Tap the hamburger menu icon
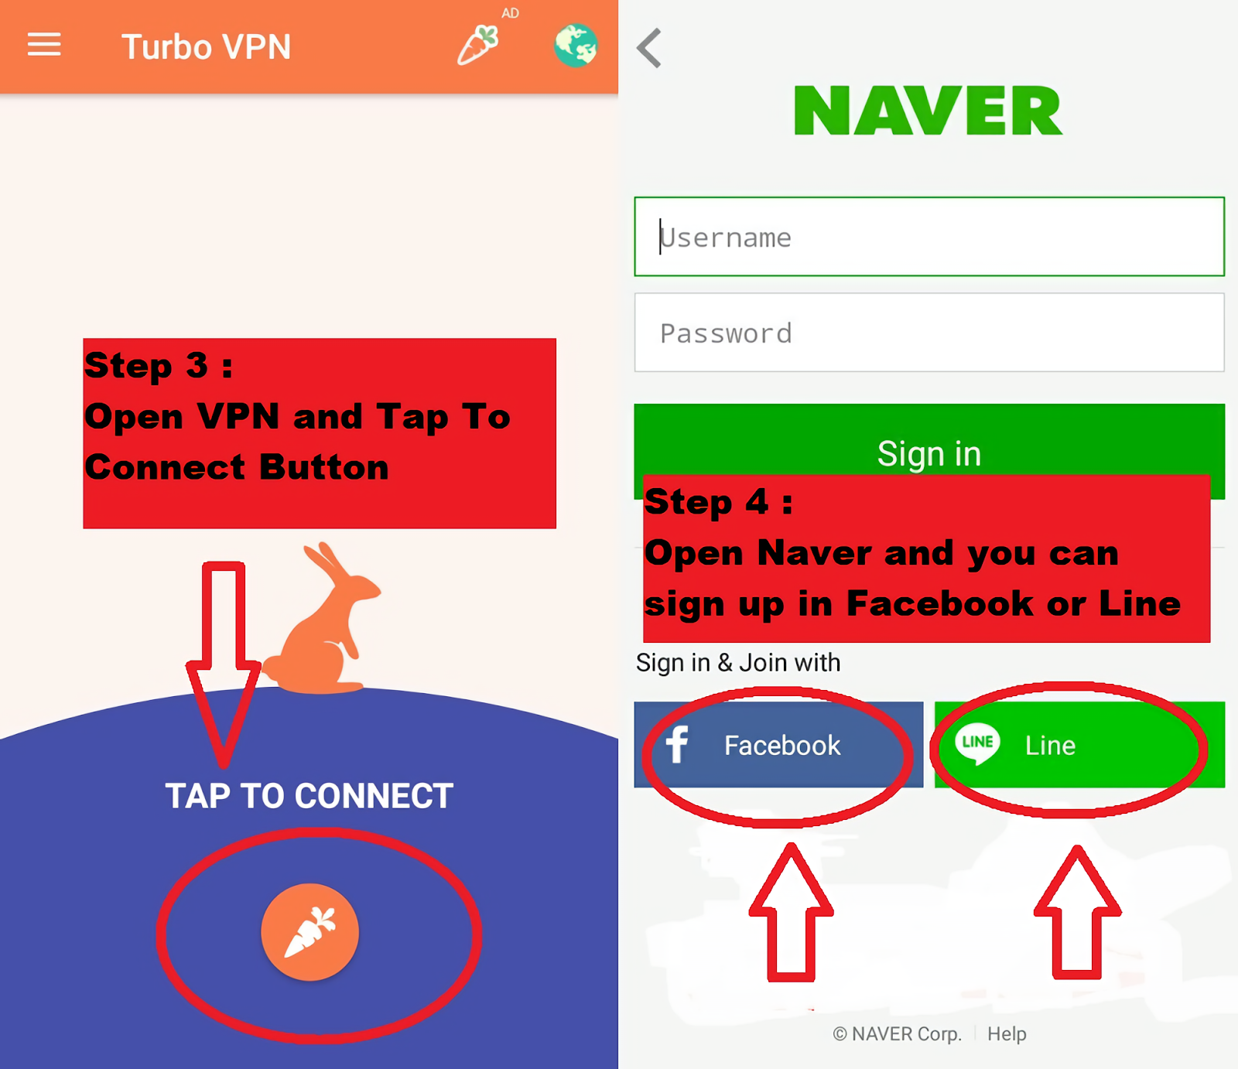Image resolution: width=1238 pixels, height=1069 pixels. (x=44, y=44)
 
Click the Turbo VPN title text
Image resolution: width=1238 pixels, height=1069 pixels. (x=206, y=47)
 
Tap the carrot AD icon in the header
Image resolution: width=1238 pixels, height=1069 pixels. (x=478, y=45)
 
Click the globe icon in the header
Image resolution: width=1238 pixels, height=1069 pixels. (x=576, y=45)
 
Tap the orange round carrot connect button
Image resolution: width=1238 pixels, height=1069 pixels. (x=309, y=932)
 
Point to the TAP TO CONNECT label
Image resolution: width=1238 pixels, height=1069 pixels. (x=309, y=796)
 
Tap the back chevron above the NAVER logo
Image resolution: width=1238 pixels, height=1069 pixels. (x=649, y=48)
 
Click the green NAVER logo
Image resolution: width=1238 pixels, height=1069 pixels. (x=929, y=111)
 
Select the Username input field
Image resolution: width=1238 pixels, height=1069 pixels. (x=929, y=237)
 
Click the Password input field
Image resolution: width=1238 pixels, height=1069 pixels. (x=929, y=333)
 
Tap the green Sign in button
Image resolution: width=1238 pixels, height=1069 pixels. (x=929, y=441)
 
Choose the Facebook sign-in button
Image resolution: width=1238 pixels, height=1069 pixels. (x=778, y=745)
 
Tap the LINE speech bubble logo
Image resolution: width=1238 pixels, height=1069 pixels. (x=977, y=743)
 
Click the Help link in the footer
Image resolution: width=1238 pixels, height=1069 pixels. (x=1007, y=1034)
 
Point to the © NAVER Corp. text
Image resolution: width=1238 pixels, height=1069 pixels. (x=898, y=1034)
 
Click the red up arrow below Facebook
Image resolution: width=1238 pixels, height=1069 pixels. (x=791, y=913)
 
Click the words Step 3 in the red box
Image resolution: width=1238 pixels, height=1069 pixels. (x=146, y=365)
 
